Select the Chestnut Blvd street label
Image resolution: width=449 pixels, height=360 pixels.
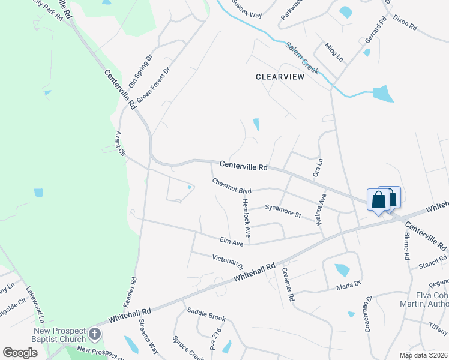click(231, 186)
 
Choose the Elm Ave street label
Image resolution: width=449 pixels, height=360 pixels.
click(231, 241)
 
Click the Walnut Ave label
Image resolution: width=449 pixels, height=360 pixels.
click(321, 209)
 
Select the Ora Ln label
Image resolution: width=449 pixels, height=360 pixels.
click(318, 167)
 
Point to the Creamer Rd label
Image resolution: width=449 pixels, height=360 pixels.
click(288, 284)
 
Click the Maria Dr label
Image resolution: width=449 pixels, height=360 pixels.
click(348, 284)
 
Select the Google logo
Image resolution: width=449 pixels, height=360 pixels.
click(20, 353)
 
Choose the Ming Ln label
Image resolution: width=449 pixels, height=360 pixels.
click(334, 52)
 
